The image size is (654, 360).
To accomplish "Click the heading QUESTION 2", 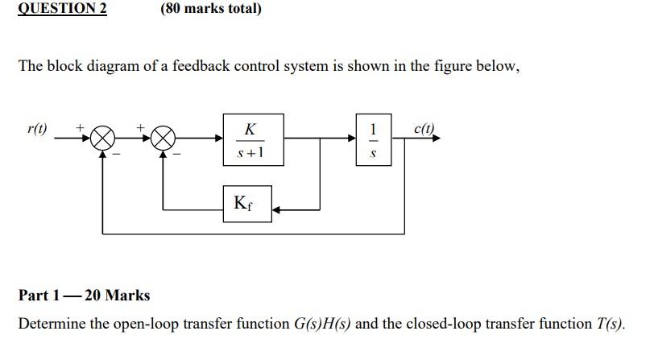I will [x=62, y=9].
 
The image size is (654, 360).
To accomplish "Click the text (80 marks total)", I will [x=211, y=9].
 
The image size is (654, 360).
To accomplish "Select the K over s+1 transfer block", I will [x=253, y=139].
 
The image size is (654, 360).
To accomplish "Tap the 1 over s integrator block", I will [x=373, y=139].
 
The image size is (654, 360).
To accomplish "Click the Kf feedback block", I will [x=246, y=203].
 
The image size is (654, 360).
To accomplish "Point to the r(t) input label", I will [x=37, y=129].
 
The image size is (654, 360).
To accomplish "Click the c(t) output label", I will [x=424, y=129].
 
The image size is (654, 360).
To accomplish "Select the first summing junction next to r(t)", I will [x=102, y=139].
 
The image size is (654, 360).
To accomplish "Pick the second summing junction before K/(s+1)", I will [x=163, y=139].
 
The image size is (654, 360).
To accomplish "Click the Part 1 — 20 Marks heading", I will [x=84, y=295].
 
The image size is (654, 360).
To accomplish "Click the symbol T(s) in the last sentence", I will [x=610, y=324].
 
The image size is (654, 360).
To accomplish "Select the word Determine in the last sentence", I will [x=52, y=324].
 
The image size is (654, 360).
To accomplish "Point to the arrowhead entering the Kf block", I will [x=277, y=209].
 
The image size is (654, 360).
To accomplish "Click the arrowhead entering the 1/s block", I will [x=351, y=139].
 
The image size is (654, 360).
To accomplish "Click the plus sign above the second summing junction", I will [x=142, y=127].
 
